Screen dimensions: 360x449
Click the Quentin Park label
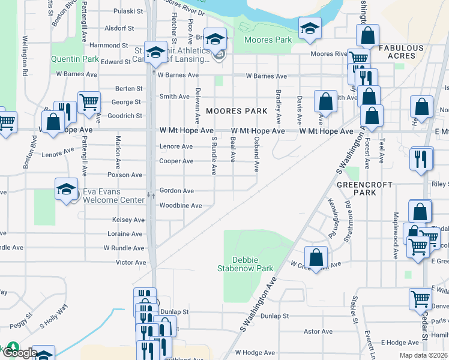74,59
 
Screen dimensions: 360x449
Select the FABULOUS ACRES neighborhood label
402,52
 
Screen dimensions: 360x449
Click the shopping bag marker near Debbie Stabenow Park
316,258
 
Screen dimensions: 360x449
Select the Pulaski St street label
124,11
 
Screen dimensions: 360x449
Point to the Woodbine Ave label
180,205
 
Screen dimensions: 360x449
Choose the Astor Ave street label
314,331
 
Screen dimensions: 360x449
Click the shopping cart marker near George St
89,103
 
